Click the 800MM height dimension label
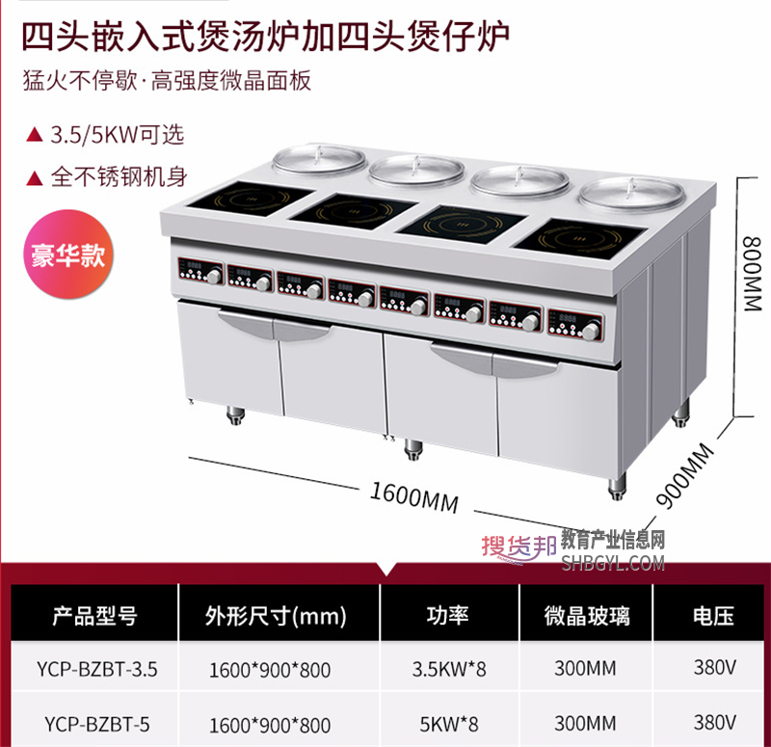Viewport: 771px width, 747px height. click(x=753, y=274)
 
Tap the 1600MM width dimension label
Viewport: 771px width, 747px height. click(x=414, y=497)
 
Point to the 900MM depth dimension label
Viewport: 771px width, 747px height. click(x=685, y=475)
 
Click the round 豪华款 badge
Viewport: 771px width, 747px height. click(x=68, y=254)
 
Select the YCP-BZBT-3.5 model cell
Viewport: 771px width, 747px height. click(x=97, y=669)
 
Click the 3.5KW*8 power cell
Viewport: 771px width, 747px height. click(x=449, y=669)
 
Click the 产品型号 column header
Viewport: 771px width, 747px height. click(x=94, y=616)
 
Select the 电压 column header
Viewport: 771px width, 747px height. click(x=713, y=616)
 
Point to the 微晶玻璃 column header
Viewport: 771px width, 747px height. click(x=587, y=616)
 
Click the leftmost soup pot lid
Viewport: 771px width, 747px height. click(x=320, y=158)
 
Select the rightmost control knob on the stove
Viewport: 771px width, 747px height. click(x=592, y=332)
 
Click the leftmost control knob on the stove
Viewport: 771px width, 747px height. click(x=214, y=277)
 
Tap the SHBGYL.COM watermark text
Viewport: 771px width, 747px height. click(x=613, y=563)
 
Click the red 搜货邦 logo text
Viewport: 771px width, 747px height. click(x=518, y=546)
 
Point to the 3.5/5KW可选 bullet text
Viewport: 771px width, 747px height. click(x=117, y=134)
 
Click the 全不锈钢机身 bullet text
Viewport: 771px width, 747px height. click(x=119, y=177)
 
